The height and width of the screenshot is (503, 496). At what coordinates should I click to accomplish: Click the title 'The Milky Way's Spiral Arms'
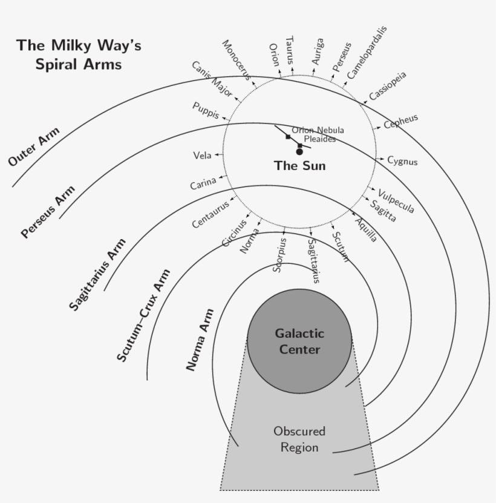point(79,54)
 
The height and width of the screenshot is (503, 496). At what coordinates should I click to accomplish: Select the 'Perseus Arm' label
point(48,211)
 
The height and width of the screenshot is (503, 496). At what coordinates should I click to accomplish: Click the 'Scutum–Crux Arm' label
point(143,315)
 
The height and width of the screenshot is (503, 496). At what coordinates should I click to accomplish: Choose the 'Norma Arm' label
point(200,340)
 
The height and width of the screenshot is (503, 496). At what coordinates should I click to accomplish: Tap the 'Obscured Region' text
point(299,439)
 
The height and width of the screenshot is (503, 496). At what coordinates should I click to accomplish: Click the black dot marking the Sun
point(299,151)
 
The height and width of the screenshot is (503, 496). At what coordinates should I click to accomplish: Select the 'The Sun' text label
point(299,166)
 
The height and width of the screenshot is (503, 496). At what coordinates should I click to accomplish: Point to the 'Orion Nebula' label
point(318,130)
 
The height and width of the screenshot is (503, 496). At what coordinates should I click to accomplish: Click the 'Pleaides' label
point(320,139)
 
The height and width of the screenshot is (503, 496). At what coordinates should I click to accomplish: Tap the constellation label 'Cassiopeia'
point(388,87)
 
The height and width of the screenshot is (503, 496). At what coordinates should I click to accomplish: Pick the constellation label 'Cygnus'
point(402,161)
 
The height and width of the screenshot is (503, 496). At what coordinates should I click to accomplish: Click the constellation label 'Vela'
point(202,156)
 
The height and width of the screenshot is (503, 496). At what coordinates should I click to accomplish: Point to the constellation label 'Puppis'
point(206,110)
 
